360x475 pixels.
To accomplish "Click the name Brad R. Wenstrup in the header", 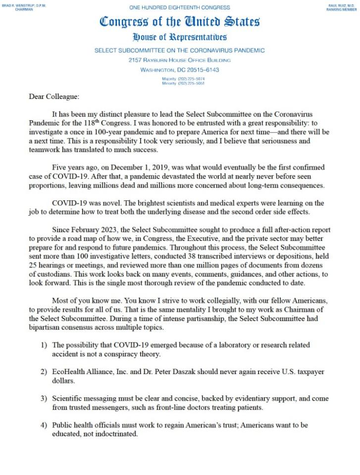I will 23,5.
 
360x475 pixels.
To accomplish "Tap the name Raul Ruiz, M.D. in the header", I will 341,5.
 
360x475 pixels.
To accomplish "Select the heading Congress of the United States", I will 180,22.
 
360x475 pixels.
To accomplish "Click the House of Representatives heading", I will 180,37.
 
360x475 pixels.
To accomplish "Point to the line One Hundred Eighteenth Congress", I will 180,7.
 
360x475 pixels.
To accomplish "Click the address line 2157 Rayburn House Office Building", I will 180,60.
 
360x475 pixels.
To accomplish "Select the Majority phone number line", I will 183,79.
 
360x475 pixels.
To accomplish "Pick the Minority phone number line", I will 183,83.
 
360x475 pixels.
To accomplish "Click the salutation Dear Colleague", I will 54,97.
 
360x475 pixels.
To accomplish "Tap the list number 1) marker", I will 44,344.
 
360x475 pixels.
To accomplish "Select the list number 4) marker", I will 44,425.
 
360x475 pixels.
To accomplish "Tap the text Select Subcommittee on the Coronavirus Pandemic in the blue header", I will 180,50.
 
